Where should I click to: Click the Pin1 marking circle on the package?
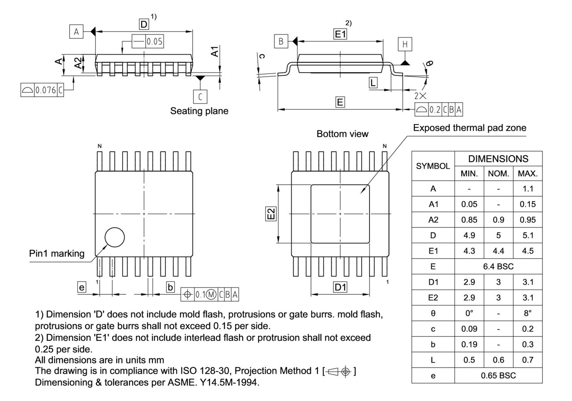114,237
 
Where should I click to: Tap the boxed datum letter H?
405,44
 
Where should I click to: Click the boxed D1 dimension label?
341,288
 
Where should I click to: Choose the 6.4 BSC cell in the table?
498,266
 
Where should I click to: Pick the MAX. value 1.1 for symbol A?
527,188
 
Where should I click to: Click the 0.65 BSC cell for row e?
498,376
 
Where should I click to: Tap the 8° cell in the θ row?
527,313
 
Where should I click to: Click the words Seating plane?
199,111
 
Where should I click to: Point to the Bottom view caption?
342,134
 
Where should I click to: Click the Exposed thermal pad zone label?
469,128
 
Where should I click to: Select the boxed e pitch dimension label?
81,288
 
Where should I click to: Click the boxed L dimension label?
373,82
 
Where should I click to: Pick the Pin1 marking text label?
57,254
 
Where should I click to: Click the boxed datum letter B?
281,41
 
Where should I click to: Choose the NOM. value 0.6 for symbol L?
498,360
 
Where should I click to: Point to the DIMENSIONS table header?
498,158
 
